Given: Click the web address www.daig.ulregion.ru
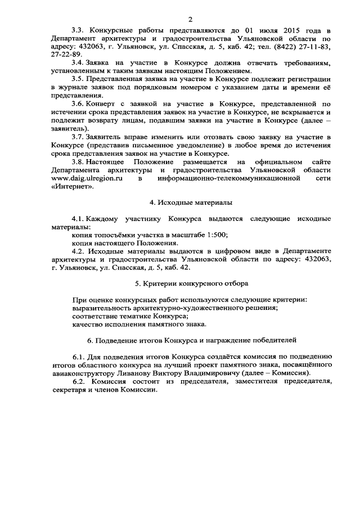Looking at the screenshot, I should pos(87,178).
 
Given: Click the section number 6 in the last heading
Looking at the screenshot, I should pos(90,341).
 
